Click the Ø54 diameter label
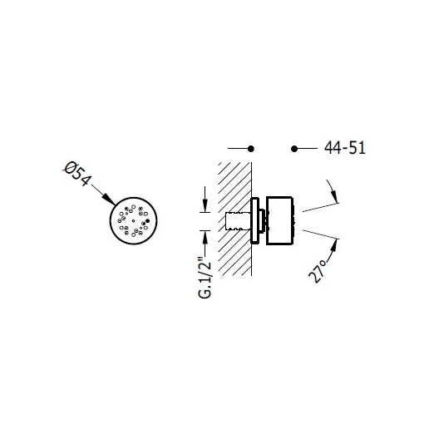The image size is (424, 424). click(x=76, y=174)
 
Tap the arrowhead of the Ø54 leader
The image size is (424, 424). click(x=109, y=200)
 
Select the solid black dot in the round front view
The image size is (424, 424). click(x=147, y=221)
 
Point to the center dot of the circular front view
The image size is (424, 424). click(x=133, y=221)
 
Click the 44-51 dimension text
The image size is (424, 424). click(x=345, y=148)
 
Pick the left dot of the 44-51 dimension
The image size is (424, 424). click(x=251, y=149)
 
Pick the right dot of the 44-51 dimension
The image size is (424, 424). click(x=294, y=149)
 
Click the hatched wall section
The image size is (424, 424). click(x=234, y=219)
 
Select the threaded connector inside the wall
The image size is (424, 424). click(x=238, y=221)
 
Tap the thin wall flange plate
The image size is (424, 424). click(x=254, y=221)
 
